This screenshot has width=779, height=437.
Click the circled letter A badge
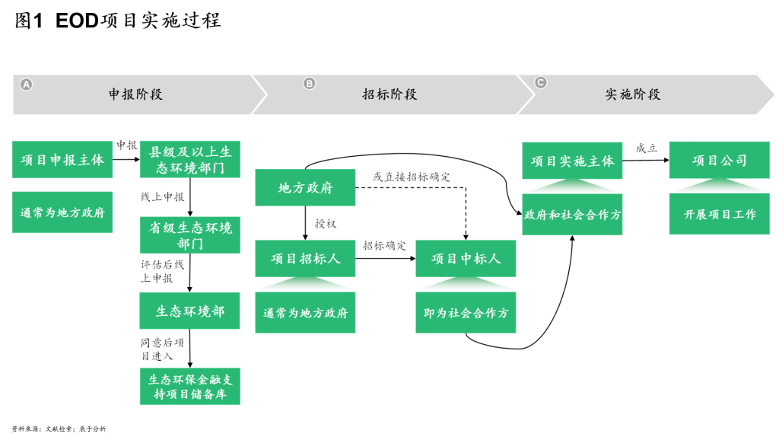pos(27,85)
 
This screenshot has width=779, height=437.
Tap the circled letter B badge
pos(309,84)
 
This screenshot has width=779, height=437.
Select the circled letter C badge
pos(540,83)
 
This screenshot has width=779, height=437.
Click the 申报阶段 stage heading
pos(135,94)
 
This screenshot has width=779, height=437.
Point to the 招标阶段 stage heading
pos(389,94)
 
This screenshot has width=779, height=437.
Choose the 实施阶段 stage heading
pos(633,94)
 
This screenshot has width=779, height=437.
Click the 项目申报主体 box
pos(62,160)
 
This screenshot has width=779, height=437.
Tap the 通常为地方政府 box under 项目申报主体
pos(62,212)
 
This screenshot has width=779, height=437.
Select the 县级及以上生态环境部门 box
pos(190,160)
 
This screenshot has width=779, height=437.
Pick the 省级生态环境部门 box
pos(190,235)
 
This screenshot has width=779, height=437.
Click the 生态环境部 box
pos(189,311)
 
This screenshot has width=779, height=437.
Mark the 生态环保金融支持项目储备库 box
pos(190,386)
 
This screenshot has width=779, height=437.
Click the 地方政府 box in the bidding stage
pos(305,188)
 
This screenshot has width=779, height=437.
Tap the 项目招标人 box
pos(305,259)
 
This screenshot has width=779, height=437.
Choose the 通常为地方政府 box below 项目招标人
pos(305,313)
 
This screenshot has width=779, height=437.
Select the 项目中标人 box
pos(466,259)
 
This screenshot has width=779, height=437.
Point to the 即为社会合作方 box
pos(466,313)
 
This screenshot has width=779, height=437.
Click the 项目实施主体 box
pos(572,161)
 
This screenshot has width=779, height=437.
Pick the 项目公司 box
pos(719,161)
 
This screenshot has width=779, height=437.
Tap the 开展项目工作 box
pos(719,215)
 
